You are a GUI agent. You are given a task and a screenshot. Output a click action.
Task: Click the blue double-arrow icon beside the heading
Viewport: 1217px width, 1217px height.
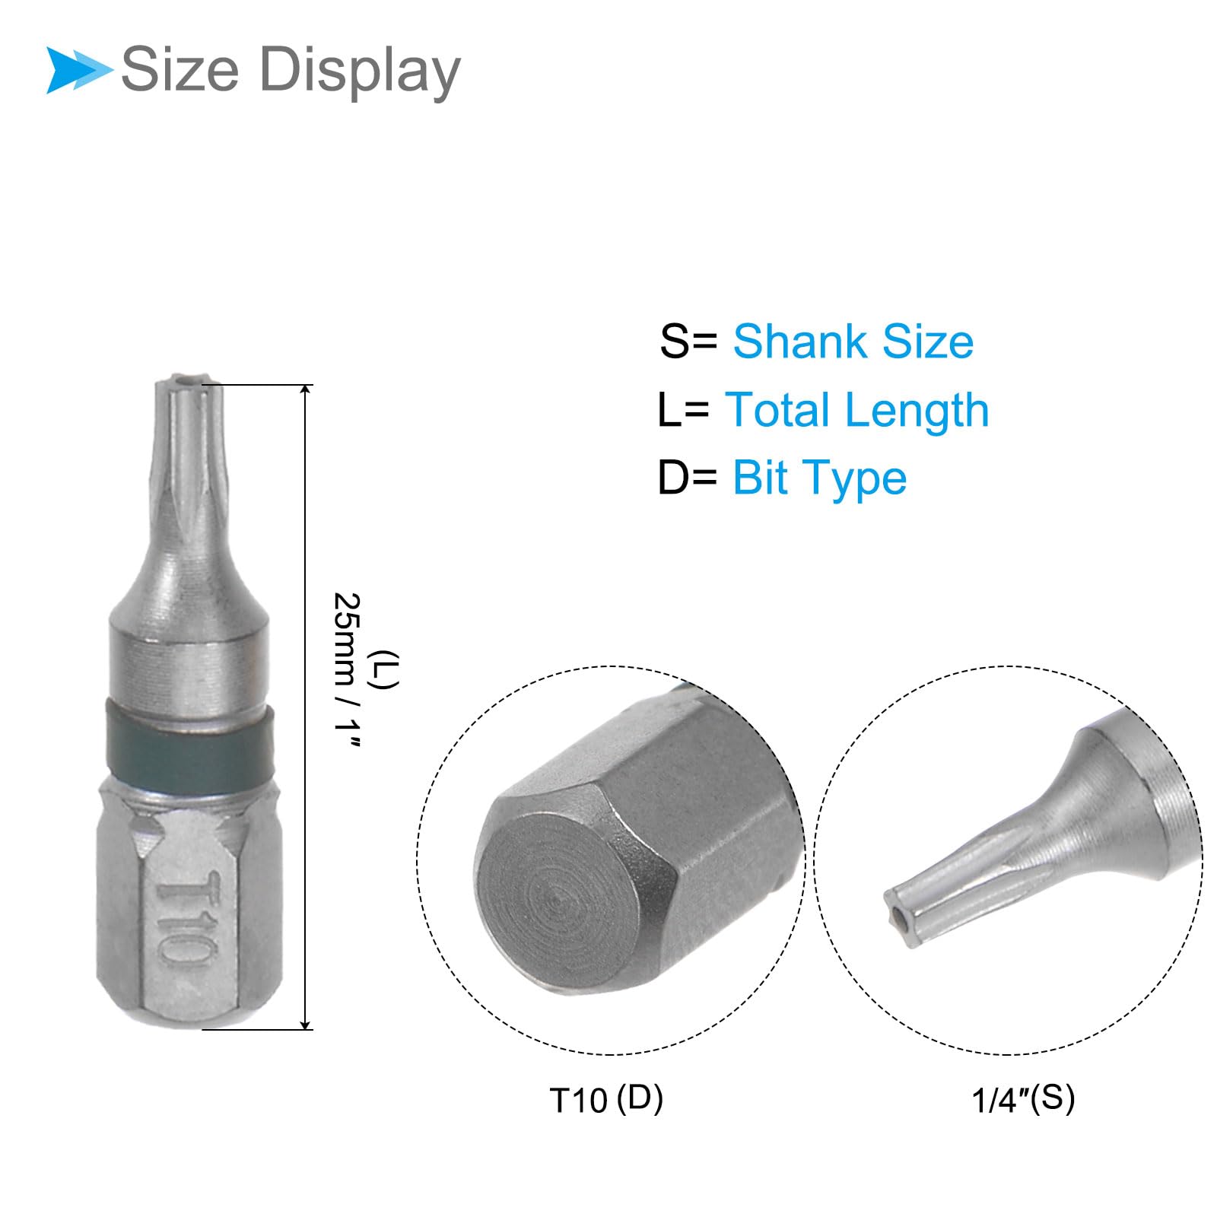click(x=78, y=70)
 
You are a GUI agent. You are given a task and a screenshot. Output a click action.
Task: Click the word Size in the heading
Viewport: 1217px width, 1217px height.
click(x=180, y=69)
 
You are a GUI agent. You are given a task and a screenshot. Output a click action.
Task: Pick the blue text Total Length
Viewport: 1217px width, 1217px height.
click(x=857, y=411)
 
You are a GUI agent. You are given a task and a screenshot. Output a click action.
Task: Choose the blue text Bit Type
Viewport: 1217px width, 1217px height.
click(x=820, y=478)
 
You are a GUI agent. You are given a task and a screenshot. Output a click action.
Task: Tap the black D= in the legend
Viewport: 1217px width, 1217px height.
click(x=688, y=478)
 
